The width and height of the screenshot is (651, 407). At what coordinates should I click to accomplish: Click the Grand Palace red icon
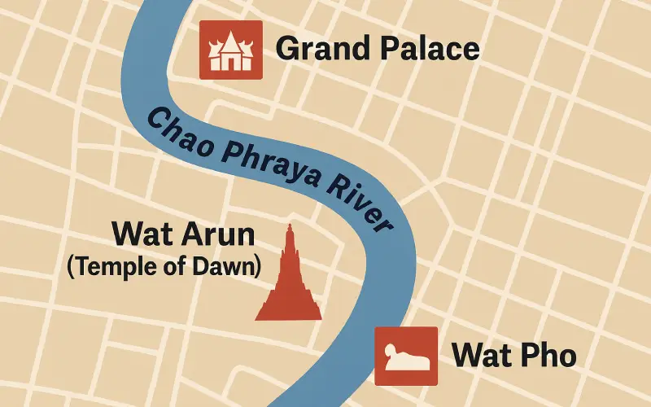click(231, 50)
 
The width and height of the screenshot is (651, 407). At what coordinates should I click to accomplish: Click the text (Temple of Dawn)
click(164, 266)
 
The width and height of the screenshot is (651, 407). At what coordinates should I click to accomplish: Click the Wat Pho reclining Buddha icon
click(406, 356)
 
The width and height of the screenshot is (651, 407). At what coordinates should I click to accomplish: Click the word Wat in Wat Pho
click(481, 356)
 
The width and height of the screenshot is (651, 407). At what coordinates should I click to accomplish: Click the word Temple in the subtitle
click(107, 266)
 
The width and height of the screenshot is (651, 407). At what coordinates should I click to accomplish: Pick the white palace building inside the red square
click(231, 52)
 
